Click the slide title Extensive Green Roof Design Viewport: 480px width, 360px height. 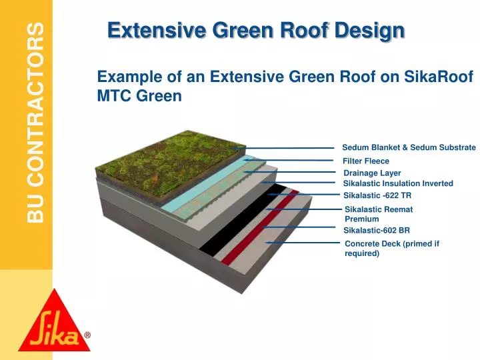[x=256, y=30]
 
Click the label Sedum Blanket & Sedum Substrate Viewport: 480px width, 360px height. [x=409, y=147]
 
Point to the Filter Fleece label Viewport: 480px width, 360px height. [x=365, y=161]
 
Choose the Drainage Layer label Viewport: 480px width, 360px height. [x=372, y=173]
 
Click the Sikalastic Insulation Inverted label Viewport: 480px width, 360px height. [x=398, y=183]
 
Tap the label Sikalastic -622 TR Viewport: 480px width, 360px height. [x=377, y=195]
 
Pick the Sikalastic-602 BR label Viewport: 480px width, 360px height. [x=376, y=231]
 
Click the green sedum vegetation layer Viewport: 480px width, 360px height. [x=167, y=167]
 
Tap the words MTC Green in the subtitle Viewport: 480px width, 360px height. [x=139, y=96]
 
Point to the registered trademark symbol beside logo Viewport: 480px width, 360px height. [x=87, y=337]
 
